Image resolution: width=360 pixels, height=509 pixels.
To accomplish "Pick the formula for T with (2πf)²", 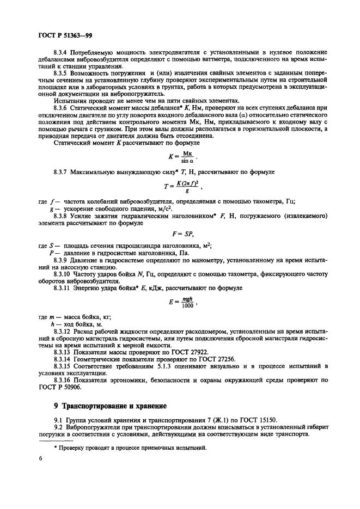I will [182, 188].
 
